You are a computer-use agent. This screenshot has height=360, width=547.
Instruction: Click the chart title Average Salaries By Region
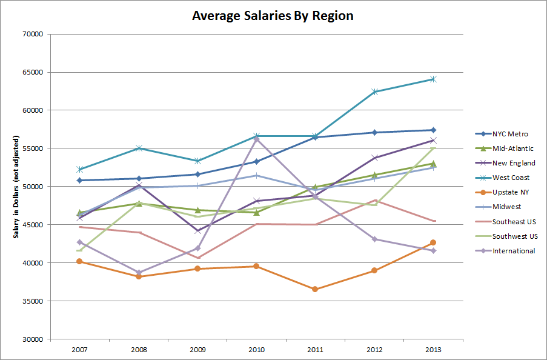click(x=273, y=15)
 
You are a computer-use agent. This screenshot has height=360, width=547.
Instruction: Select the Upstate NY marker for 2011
click(x=315, y=289)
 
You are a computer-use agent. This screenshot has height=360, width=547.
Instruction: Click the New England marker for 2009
click(x=197, y=231)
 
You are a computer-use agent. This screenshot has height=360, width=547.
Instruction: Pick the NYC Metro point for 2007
click(x=79, y=180)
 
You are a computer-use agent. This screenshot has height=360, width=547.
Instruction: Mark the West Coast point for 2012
click(x=374, y=92)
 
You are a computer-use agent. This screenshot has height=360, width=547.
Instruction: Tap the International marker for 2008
click(x=138, y=273)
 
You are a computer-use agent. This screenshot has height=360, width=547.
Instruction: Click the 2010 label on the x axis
click(x=256, y=350)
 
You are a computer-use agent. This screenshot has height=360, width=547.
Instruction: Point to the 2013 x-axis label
click(x=433, y=350)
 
